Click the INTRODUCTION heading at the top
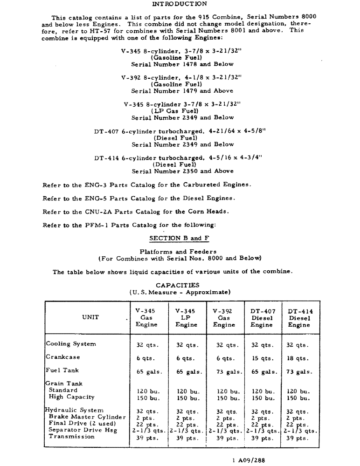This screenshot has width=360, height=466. click(x=180, y=4)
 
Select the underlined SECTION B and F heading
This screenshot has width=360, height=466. click(x=179, y=238)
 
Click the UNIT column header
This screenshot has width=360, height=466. click(x=90, y=317)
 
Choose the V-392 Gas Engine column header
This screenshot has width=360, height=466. click(x=224, y=318)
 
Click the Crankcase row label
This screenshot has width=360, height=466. click(x=62, y=357)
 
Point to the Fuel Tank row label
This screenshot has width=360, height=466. click(x=62, y=370)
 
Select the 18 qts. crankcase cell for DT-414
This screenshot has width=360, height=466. click(x=297, y=359)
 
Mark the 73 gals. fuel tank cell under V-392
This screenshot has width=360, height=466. click(x=225, y=372)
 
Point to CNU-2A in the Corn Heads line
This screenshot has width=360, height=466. click(x=97, y=212)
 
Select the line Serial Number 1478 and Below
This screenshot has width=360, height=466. click(x=182, y=64)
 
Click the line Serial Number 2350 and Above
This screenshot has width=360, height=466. click(x=182, y=171)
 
